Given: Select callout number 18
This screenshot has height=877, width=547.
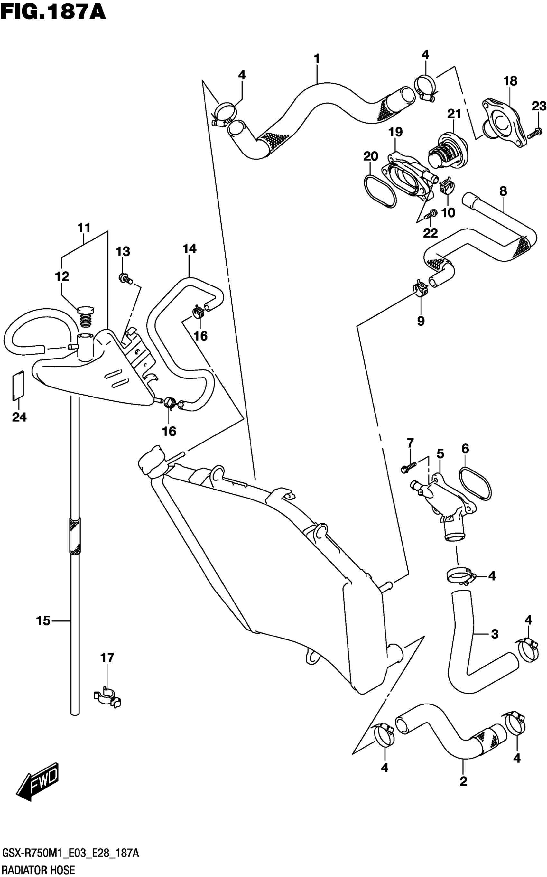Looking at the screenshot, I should click(510, 81).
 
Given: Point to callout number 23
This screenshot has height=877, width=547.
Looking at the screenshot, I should click(539, 107).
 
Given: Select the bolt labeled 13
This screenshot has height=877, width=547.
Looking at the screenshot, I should click(125, 279).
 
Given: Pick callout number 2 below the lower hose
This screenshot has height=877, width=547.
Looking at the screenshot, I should click(463, 781).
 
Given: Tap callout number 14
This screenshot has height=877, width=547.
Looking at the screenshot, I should click(189, 248).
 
